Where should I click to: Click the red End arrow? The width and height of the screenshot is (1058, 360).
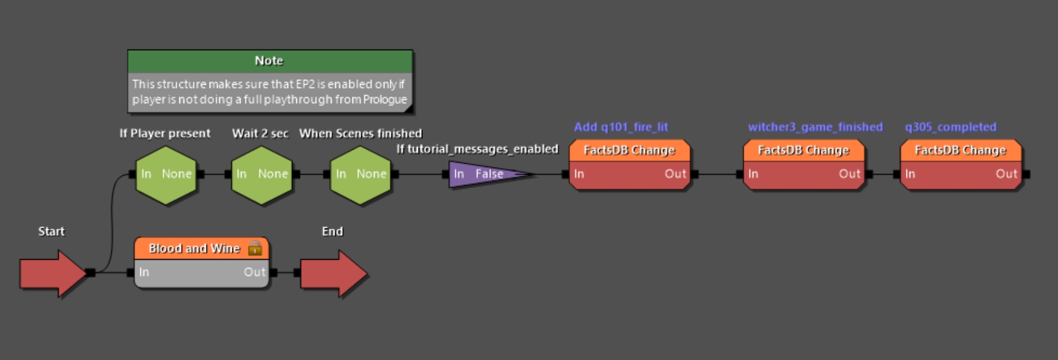click(332, 273)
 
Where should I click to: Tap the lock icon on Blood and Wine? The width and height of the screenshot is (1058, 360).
click(255, 249)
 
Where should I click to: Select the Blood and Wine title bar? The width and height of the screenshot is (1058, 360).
click(194, 249)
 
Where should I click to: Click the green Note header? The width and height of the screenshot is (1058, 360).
click(270, 61)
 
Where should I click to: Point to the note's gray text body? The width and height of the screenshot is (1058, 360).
click(270, 92)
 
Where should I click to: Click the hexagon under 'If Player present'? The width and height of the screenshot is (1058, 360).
click(166, 174)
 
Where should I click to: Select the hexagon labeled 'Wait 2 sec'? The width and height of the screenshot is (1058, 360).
click(262, 174)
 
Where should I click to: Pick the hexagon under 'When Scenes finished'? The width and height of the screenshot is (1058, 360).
click(360, 174)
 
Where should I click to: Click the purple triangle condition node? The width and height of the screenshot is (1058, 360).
click(482, 174)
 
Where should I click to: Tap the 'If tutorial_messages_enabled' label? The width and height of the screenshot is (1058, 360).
click(477, 149)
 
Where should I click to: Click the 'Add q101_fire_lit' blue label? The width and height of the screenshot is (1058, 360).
click(621, 127)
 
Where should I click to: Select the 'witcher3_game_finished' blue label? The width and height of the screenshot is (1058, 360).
click(815, 127)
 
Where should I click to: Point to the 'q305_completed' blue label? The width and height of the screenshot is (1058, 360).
click(950, 127)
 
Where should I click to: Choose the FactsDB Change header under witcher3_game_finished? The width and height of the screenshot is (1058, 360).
click(803, 150)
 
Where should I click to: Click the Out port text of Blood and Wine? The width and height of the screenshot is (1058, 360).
click(254, 272)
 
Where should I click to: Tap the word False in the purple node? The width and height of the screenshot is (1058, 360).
click(489, 174)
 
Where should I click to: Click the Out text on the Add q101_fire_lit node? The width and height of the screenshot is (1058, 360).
click(675, 174)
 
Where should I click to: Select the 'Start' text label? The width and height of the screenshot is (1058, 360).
click(51, 231)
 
